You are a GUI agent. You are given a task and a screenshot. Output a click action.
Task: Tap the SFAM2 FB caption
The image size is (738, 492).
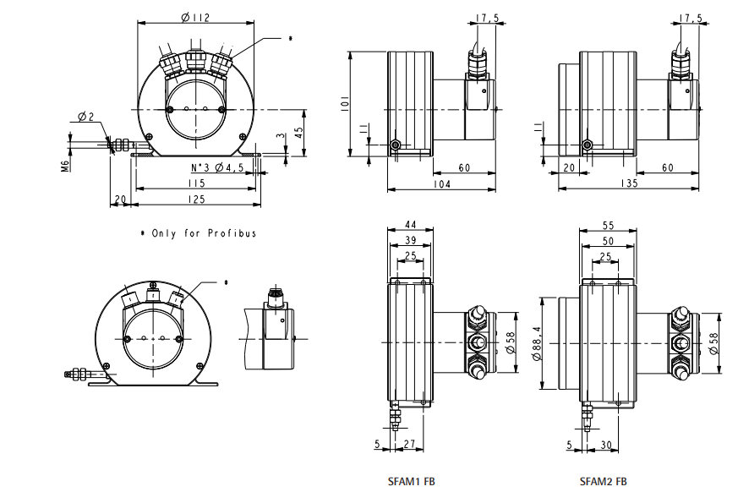coord(604,482)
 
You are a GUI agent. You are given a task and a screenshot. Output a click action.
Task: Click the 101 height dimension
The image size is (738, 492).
coord(345,104)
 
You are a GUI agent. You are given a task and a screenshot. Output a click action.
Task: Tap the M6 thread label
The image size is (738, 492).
coord(65,163)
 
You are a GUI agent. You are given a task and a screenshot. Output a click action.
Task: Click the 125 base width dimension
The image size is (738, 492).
coord(197,200)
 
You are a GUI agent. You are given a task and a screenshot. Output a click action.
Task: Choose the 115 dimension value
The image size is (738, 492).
coord(195,183)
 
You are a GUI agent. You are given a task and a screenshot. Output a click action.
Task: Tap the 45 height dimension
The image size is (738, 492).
coord(299,132)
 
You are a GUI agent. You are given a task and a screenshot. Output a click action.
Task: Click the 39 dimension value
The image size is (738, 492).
coord(410,241)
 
